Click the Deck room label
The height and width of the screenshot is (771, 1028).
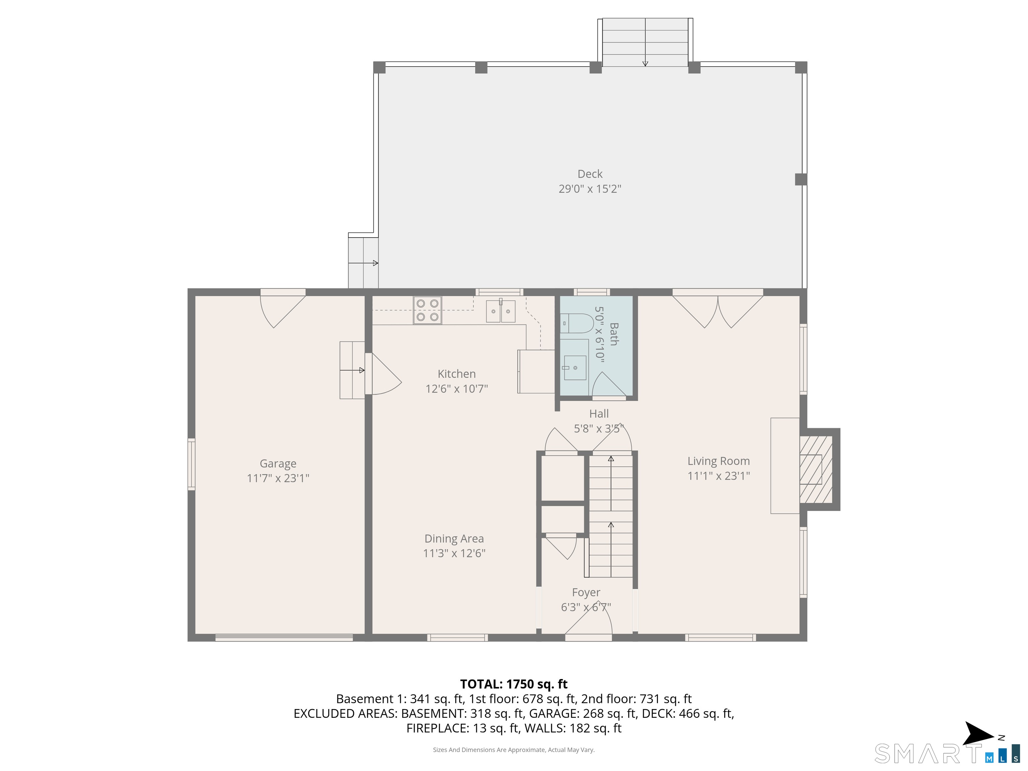click(590, 174)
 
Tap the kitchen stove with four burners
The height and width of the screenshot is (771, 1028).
click(427, 311)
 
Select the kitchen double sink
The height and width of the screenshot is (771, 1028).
click(501, 311)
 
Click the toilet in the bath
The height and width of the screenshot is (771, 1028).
click(577, 323)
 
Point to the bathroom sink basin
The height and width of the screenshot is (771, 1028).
click(575, 368)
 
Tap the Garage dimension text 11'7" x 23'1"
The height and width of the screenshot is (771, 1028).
click(277, 478)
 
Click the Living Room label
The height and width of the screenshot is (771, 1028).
click(718, 461)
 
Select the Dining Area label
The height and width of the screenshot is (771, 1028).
click(454, 539)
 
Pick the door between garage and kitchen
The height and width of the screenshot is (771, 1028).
click(383, 374)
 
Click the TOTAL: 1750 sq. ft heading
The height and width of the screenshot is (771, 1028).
click(514, 684)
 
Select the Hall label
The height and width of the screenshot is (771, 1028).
click(599, 414)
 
